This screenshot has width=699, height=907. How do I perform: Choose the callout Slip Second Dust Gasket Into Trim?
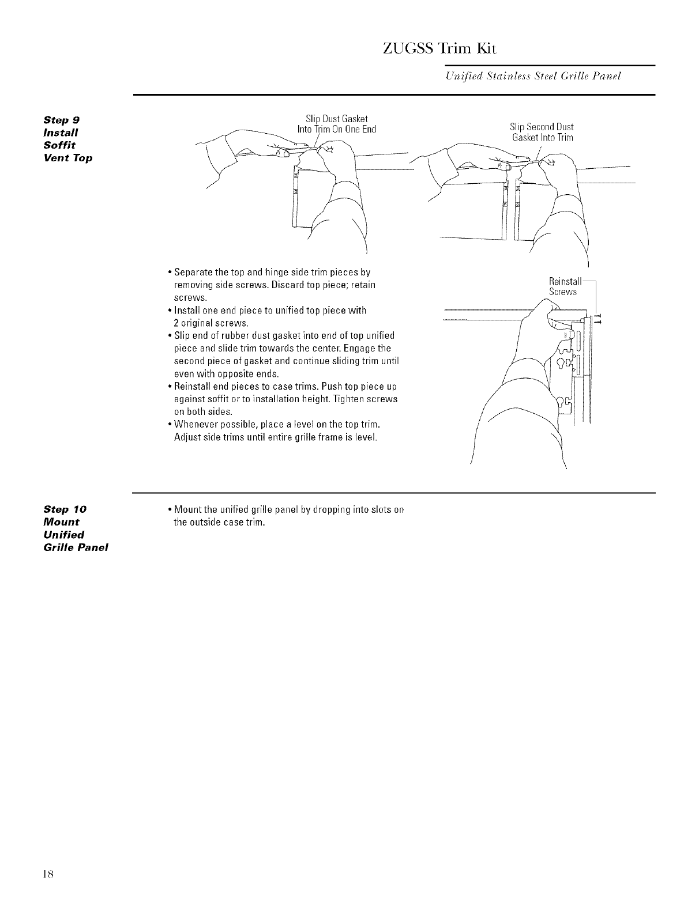(542, 132)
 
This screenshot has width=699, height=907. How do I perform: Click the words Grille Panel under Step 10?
(76, 547)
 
